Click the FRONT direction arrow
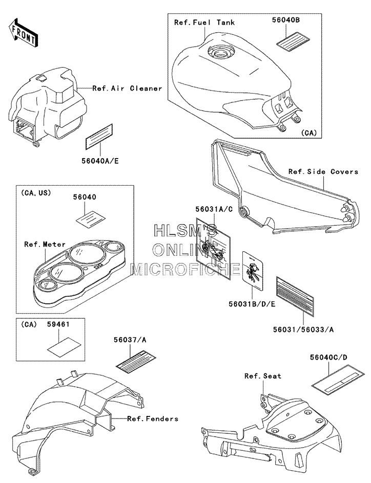click(24, 32)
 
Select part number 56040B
click(286, 20)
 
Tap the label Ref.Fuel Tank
click(204, 23)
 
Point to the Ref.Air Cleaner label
click(128, 89)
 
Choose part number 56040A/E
click(100, 161)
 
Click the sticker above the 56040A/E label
click(99, 137)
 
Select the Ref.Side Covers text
click(323, 171)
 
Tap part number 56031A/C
click(214, 209)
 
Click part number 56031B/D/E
click(252, 304)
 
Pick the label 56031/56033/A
click(303, 330)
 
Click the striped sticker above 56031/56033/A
click(295, 297)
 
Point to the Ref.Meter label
click(45, 244)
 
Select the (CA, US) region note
click(36, 193)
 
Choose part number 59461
click(58, 324)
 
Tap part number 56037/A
click(130, 340)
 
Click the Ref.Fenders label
click(153, 419)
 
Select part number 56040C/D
click(328, 357)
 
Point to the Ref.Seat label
click(263, 376)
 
